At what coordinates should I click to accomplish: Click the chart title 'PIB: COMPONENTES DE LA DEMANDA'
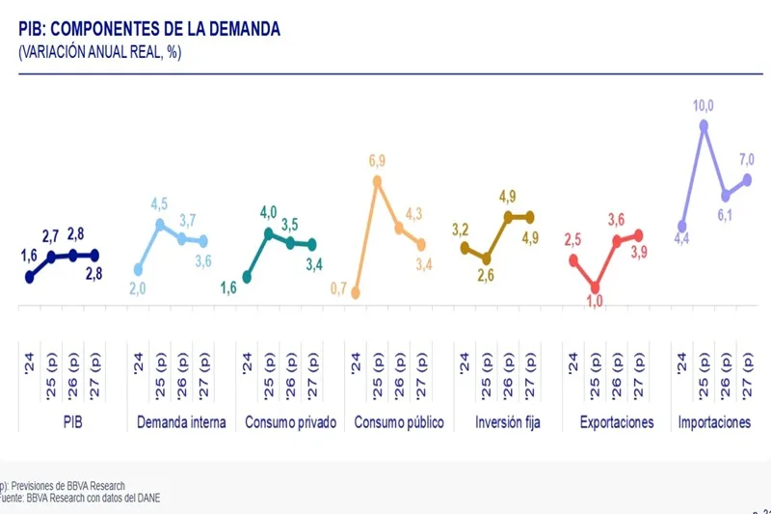(149, 30)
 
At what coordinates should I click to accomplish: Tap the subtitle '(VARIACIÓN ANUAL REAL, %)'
(100, 52)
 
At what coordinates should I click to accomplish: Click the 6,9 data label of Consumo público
(377, 160)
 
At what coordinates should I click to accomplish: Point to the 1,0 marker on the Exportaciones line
(595, 286)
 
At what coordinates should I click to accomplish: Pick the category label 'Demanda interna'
(182, 422)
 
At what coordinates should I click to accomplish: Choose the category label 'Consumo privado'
(290, 422)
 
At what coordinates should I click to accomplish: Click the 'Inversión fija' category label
(507, 422)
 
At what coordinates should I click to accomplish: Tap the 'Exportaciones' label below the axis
(616, 422)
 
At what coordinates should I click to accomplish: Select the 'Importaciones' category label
(715, 422)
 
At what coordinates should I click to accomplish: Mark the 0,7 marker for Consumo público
(356, 292)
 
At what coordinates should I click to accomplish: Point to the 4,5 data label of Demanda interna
(160, 203)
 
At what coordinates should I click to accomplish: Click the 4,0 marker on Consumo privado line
(269, 233)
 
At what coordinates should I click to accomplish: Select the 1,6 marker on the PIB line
(30, 277)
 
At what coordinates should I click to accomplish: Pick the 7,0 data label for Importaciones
(747, 159)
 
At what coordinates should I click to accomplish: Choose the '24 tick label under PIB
(30, 365)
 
